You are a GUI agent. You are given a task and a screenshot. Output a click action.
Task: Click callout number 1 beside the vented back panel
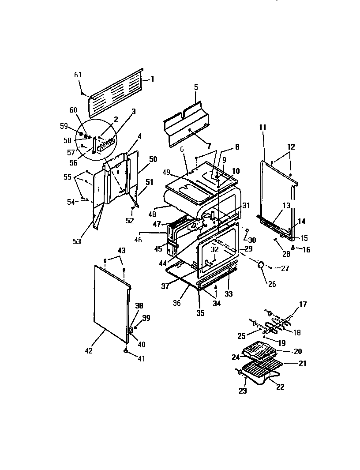152,79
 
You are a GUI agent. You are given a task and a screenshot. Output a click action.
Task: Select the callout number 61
78,75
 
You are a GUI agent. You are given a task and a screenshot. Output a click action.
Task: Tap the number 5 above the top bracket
195,87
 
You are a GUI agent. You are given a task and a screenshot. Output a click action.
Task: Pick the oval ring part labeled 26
261,265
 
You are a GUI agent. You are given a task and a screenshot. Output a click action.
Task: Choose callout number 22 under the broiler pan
280,387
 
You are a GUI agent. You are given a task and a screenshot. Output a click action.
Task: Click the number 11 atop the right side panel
263,127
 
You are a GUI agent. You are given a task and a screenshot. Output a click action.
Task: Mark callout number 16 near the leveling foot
306,250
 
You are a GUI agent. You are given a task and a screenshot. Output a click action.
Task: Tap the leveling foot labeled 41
126,351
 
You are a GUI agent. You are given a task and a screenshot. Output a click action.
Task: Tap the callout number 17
303,305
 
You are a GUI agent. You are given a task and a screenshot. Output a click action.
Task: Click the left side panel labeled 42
110,305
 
